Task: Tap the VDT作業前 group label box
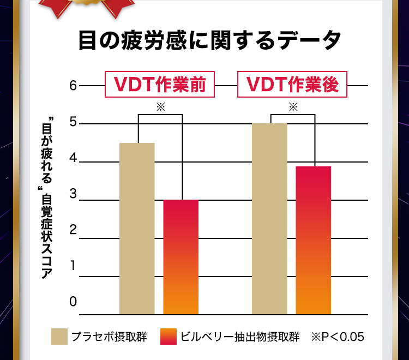(x=159, y=85)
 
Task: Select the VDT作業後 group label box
(x=292, y=85)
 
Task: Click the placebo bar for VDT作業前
(x=137, y=229)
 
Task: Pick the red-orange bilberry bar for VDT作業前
(x=181, y=257)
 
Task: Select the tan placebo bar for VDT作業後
(x=269, y=219)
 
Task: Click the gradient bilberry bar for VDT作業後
(x=314, y=240)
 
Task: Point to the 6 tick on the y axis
(x=74, y=86)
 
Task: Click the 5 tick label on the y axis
(x=74, y=123)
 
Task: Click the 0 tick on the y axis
(x=74, y=302)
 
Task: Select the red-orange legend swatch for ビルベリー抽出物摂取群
(x=169, y=337)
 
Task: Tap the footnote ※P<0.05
(x=337, y=337)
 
